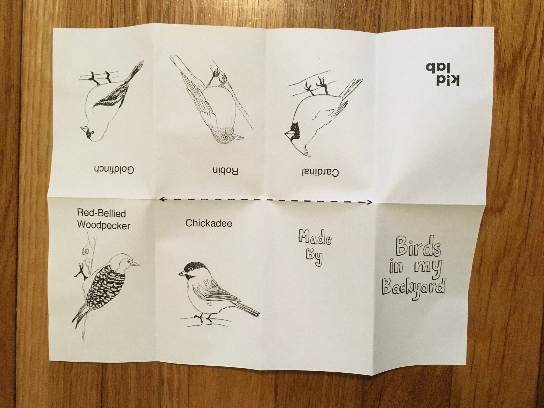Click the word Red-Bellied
101,213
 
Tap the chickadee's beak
182,273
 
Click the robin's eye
226,137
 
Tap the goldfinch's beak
84,129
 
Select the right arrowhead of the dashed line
370,202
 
